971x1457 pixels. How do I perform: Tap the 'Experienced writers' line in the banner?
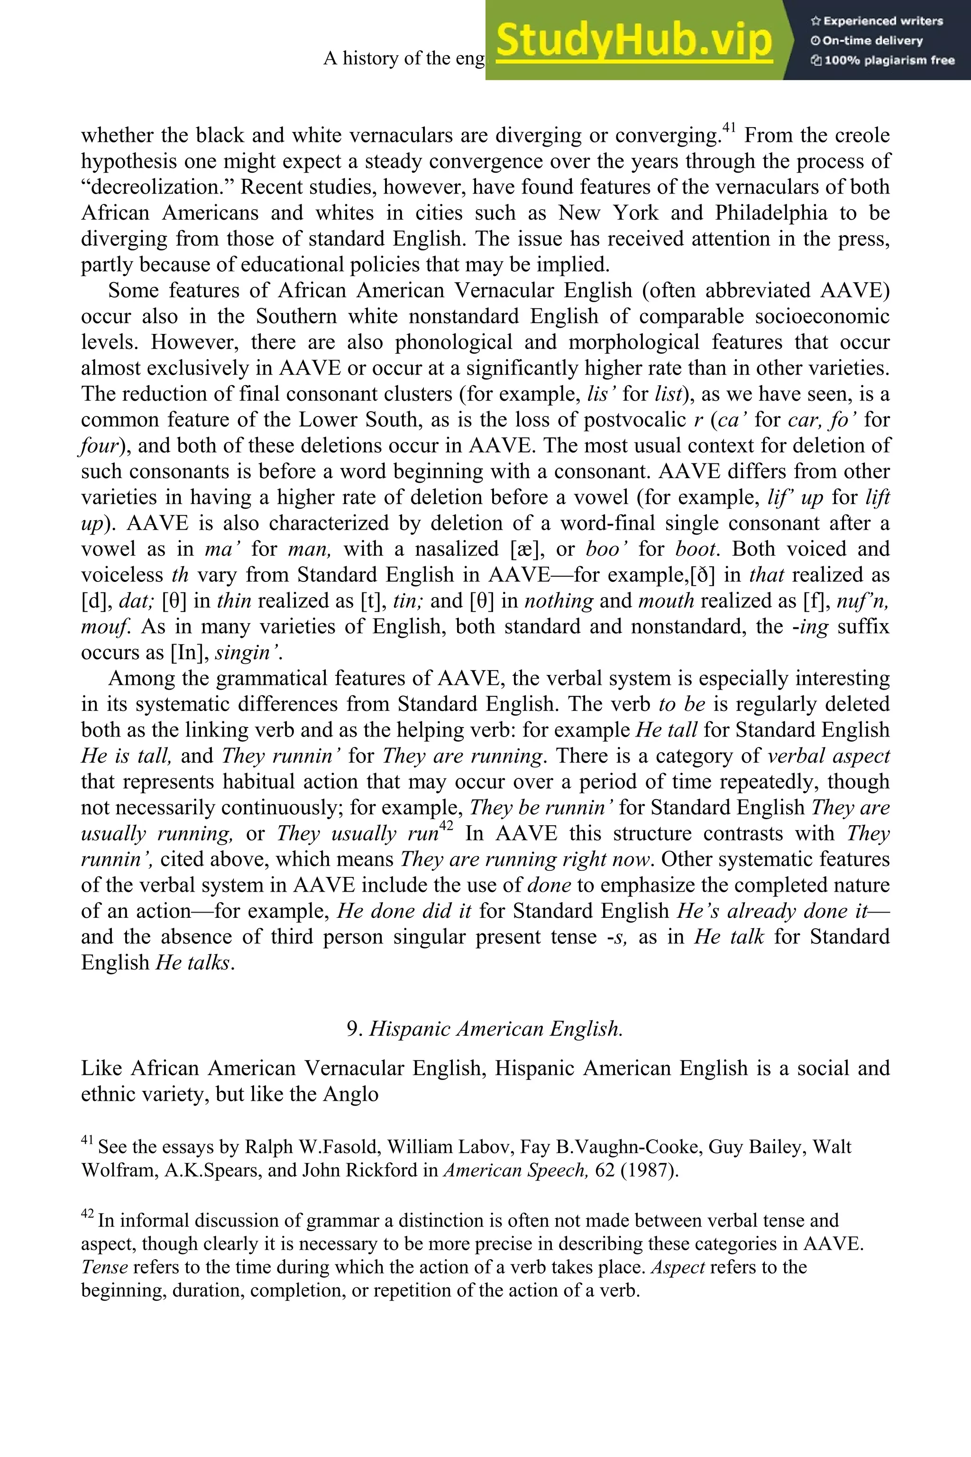point(876,21)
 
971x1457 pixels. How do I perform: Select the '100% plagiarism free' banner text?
point(882,61)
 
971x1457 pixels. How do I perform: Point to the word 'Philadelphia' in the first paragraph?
point(771,213)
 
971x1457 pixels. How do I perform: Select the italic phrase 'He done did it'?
point(404,911)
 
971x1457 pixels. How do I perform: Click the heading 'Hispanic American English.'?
point(496,1029)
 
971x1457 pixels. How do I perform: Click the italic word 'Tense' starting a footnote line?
point(104,1267)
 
